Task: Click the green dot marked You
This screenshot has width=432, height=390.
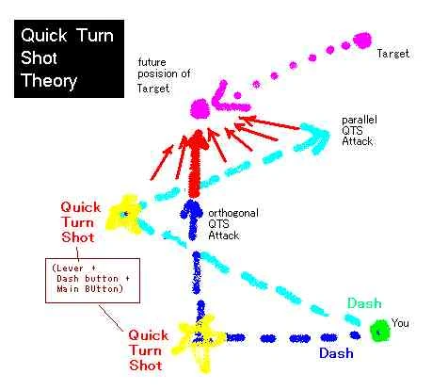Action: [379, 331]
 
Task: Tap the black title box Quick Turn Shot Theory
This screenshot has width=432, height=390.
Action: [69, 58]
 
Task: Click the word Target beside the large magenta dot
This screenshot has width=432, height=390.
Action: [393, 54]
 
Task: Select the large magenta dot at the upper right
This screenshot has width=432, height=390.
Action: [362, 41]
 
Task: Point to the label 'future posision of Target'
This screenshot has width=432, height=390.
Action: [164, 75]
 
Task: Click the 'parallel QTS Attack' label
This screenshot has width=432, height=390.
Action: [359, 131]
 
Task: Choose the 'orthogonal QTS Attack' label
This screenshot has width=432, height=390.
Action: [233, 224]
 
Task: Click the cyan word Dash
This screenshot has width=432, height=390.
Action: [364, 303]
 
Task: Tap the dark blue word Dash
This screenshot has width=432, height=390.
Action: [336, 353]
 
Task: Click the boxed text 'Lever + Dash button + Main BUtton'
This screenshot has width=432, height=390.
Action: [91, 279]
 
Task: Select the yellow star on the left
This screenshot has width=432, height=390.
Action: [124, 215]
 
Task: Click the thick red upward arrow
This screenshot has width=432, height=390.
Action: [196, 163]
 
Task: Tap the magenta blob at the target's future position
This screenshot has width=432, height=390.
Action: [200, 108]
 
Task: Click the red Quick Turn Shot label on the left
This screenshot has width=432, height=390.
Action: [80, 222]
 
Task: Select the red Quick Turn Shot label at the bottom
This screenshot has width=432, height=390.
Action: [148, 350]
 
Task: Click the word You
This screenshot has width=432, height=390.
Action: [400, 323]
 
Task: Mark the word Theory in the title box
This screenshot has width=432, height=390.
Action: [49, 81]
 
